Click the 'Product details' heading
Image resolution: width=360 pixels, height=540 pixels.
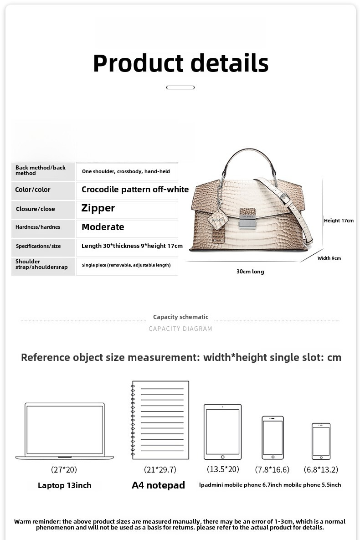point(180,63)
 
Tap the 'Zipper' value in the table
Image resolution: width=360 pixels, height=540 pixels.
point(98,208)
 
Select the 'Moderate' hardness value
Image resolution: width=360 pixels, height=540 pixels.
point(103,227)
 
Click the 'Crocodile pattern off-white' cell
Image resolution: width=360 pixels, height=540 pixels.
point(135,190)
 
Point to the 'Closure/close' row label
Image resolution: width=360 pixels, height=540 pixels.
point(35,209)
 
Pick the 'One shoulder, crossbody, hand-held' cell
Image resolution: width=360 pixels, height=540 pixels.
point(126,171)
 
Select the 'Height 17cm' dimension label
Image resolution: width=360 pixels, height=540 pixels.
point(339,221)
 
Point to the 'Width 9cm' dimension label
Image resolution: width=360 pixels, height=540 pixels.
point(329,258)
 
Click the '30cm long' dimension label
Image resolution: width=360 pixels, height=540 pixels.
point(250,272)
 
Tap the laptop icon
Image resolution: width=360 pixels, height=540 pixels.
point(65,431)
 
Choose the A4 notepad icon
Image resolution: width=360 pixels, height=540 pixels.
point(160,420)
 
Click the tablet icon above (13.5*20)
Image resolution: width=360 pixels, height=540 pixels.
point(222,432)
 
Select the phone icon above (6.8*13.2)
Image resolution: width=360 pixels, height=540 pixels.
point(321,441)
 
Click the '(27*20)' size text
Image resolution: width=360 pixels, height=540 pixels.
point(64,469)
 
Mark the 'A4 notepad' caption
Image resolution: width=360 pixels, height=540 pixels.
point(158,485)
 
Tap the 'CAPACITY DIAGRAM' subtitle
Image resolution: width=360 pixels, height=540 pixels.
point(180,329)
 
